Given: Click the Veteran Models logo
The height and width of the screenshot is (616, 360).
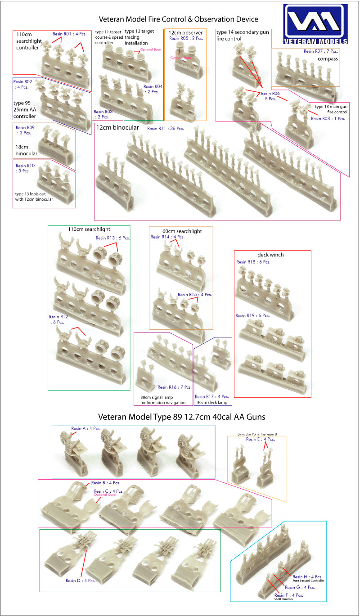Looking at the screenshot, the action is coord(315,24).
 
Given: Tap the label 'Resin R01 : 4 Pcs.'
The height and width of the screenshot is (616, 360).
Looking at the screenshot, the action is coord(70,34).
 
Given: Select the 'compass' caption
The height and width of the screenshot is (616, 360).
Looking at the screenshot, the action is coord(328,59).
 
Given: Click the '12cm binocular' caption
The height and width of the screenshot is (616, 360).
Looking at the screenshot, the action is coord(117,127).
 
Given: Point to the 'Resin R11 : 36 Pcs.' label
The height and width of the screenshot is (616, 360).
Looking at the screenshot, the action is coord(166,128).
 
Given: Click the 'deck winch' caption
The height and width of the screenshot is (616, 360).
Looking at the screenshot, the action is coord(270,255).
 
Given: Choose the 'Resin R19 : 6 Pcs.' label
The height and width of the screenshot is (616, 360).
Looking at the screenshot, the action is coord(252,315).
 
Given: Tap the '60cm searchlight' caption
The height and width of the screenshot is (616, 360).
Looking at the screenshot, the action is coord(182,231).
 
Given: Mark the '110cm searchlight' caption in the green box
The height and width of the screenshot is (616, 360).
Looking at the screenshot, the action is coord(89,229).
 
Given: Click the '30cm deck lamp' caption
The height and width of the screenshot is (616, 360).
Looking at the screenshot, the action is coord(212,402).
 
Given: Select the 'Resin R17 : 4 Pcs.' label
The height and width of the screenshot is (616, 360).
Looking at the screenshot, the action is coord(212,396).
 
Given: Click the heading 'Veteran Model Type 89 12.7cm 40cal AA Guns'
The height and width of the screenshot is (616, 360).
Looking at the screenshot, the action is coord(181,417).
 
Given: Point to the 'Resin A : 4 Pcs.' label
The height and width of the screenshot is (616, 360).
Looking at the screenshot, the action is coord(86,428).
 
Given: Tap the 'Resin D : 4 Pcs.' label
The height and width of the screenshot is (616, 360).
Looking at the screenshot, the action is coord(80,580).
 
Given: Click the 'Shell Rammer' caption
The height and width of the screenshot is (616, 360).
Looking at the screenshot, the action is coord(283,599).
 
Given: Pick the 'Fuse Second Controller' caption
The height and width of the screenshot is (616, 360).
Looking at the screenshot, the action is coord(308,581).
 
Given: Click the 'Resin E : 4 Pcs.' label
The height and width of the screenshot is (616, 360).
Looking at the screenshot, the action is coord(260,439).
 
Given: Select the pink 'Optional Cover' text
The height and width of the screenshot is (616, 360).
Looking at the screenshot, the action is coord(105,495).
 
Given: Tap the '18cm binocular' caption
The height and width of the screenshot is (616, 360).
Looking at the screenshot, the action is coord(26,150).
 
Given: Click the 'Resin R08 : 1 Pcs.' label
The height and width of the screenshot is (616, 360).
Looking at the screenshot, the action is coord(328,118).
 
